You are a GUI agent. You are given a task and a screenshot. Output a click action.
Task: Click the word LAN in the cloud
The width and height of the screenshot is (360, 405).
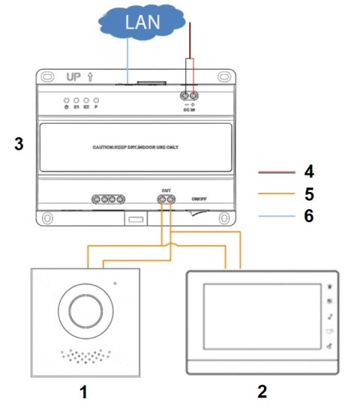coord(141,22)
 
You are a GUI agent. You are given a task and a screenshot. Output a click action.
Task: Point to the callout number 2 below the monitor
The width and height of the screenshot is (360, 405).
coord(262,391)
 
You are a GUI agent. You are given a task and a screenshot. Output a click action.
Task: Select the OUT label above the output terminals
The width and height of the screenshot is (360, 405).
coord(166,190)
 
